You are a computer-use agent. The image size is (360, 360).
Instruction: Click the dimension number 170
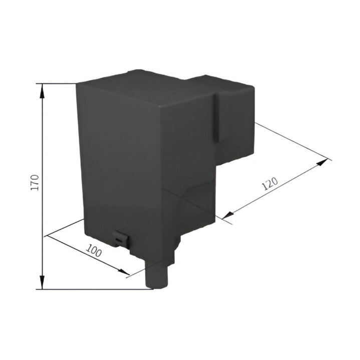[x=36, y=183]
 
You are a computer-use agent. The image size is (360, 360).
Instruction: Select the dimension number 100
[x=94, y=251]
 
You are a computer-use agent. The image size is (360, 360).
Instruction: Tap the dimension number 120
[x=270, y=183]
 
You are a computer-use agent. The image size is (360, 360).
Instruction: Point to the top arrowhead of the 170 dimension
[x=43, y=91]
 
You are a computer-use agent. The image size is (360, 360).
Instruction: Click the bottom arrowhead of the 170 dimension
[x=42, y=282]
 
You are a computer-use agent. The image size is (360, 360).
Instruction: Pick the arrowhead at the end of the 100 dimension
[x=124, y=271]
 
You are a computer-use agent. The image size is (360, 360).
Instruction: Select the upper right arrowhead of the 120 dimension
[x=322, y=162]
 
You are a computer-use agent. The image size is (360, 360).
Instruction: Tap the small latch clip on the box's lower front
[x=121, y=239]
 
